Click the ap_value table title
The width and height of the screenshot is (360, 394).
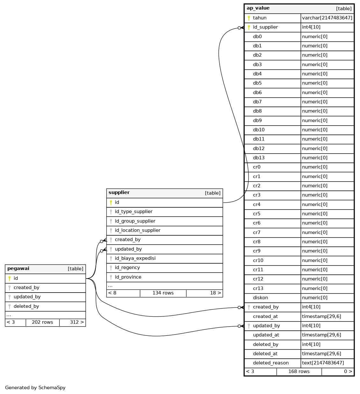tap(258, 8)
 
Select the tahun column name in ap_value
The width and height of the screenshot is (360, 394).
tap(259, 18)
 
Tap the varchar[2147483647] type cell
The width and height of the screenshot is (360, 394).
tap(327, 18)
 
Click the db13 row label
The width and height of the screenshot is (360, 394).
tap(258, 158)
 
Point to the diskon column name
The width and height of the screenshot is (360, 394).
tap(260, 298)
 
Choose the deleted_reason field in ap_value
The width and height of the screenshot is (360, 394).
tap(271, 363)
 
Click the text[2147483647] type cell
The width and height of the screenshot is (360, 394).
tap(323, 363)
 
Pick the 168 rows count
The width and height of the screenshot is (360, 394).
tap(299, 371)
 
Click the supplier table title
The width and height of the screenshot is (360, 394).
tap(119, 193)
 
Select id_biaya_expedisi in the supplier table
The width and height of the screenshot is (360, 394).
tap(135, 258)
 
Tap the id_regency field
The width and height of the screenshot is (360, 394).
tap(127, 267)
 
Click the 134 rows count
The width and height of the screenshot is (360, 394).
tap(163, 293)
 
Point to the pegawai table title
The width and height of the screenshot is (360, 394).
tap(18, 269)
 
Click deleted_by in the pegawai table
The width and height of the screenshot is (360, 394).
tap(26, 306)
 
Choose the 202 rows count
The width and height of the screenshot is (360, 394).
tap(42, 322)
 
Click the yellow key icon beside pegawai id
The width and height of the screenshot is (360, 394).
tap(10, 279)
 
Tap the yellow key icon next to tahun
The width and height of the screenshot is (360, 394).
tap(249, 18)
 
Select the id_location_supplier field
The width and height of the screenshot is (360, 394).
tap(138, 230)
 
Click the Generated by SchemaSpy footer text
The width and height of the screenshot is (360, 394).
tap(35, 388)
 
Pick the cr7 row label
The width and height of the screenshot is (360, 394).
tap(257, 232)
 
